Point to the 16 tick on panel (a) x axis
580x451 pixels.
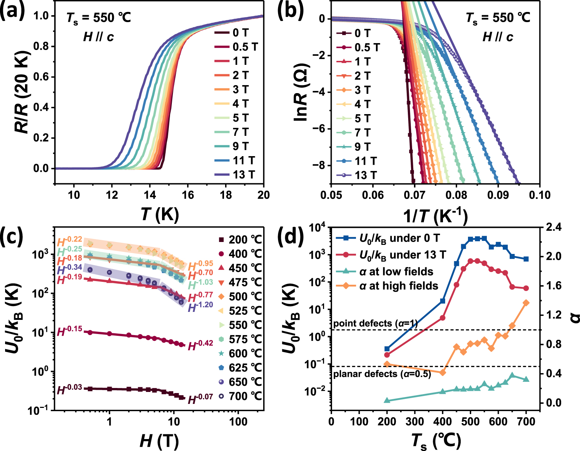click(188, 195)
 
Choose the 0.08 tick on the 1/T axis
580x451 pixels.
click(456, 195)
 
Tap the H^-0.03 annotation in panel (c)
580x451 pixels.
click(70, 389)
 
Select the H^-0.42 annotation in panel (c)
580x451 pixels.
click(200, 345)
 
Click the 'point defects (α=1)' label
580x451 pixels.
click(375, 323)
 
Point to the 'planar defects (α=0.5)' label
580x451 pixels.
click(382, 373)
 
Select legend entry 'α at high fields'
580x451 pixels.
click(399, 286)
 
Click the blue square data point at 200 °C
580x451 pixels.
click(387, 349)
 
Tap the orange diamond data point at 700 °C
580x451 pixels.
click(526, 303)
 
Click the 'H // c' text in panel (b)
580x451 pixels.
click(498, 37)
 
